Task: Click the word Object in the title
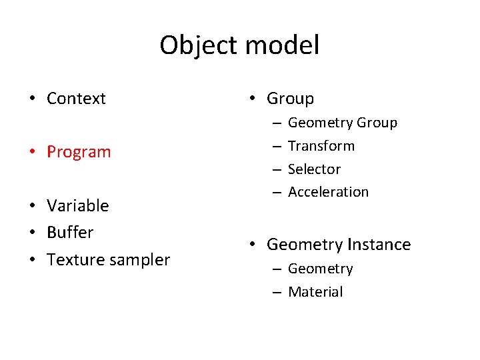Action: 198,46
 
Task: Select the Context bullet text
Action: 76,99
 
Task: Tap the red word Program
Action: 79,152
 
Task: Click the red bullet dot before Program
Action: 32,152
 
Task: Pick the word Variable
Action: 77,205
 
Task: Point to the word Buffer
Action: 70,233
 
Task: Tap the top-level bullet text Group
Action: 290,99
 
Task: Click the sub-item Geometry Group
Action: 342,123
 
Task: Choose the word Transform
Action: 321,146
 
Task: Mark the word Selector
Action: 314,169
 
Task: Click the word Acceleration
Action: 328,192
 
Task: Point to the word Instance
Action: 378,245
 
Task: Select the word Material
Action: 315,292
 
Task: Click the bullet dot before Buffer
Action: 32,233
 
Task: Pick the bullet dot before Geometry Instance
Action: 253,245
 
